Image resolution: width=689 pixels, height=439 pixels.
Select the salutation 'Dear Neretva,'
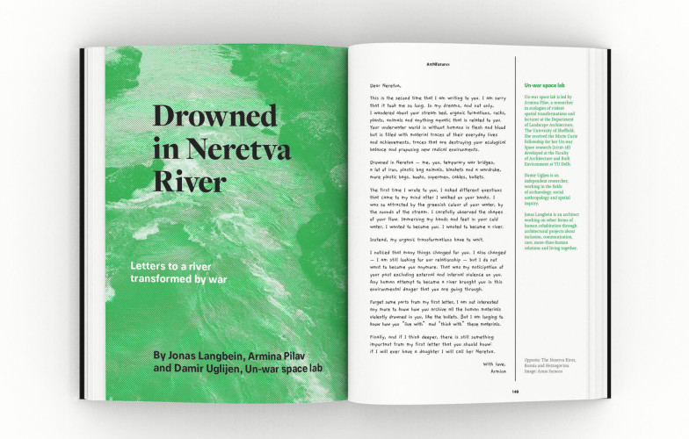pos(386,84)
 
